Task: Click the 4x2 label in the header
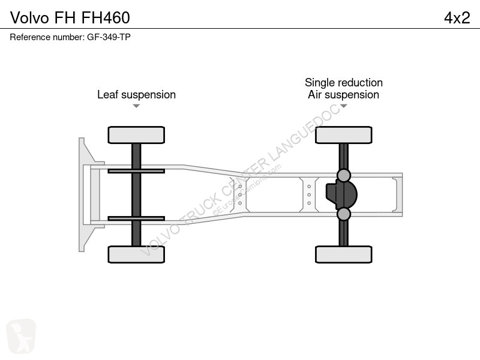[x=457, y=18]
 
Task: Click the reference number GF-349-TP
[x=109, y=37]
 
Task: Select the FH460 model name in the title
[x=106, y=18]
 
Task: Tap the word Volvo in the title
[x=29, y=18]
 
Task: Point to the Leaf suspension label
[x=137, y=95]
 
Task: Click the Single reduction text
[x=344, y=82]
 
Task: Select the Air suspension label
[x=343, y=95]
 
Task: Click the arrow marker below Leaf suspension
[x=136, y=106]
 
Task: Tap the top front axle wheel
[x=136, y=135]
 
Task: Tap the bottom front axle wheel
[x=136, y=254]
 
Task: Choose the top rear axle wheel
[x=344, y=135]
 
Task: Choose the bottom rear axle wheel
[x=344, y=254]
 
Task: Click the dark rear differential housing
[x=341, y=194]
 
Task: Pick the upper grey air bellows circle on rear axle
[x=343, y=175]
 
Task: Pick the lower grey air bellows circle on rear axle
[x=343, y=214]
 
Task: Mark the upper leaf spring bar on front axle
[x=136, y=171]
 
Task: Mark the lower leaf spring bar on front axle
[x=136, y=218]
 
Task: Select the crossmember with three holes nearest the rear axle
[x=309, y=194]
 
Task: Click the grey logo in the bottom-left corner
[x=21, y=336]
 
